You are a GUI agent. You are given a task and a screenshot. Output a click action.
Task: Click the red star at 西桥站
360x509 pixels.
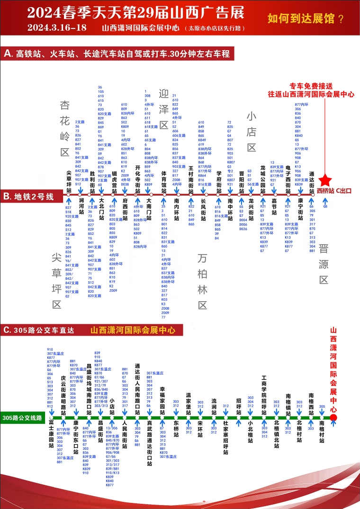pyautogui.click(x=325, y=180)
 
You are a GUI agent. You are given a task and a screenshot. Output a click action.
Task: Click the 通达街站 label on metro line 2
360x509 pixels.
pyautogui.click(x=312, y=180)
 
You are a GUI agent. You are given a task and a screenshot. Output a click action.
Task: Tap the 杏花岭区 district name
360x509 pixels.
pyautogui.click(x=65, y=128)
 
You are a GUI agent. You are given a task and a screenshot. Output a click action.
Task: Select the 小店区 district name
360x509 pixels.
pyautogui.click(x=251, y=131)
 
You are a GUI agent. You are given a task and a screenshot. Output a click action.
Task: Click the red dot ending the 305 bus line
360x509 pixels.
pyautogui.click(x=333, y=418)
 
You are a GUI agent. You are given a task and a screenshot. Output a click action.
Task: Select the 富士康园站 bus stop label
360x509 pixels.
pyautogui.click(x=51, y=437)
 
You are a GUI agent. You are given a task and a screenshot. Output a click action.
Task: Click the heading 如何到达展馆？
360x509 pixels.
pyautogui.click(x=306, y=19)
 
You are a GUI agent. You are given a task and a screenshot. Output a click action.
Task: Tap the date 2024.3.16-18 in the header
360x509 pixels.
pyautogui.click(x=57, y=27)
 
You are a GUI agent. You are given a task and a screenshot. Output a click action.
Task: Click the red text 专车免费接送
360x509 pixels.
pyautogui.click(x=311, y=86)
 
